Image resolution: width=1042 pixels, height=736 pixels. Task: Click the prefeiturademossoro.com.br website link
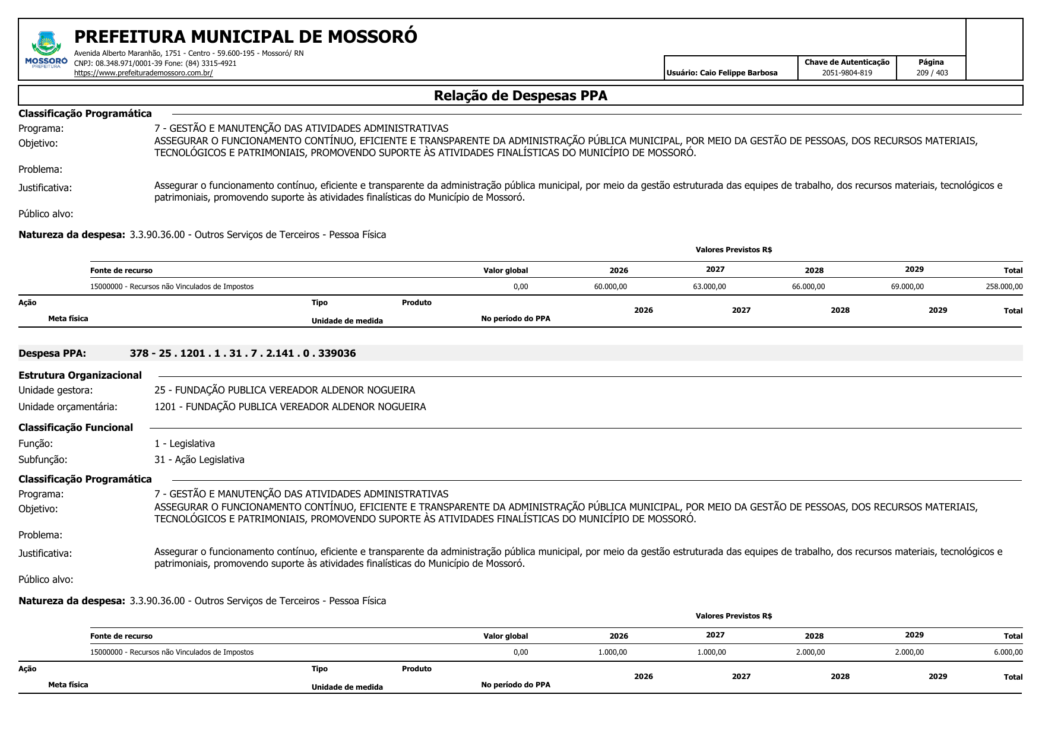pos(143,73)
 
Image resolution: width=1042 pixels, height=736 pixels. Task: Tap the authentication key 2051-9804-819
pos(847,73)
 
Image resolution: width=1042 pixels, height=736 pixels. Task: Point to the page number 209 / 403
pos(932,73)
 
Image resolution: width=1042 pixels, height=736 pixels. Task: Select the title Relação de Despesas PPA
pos(520,96)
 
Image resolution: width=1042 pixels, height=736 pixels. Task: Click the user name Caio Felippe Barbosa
pos(738,73)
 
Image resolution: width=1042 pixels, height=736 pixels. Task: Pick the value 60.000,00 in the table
pos(610,287)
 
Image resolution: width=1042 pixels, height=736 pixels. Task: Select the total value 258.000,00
pos(1004,287)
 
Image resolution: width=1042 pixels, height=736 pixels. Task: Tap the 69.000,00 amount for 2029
pos(907,287)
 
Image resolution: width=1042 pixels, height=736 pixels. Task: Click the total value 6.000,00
pos(1008,652)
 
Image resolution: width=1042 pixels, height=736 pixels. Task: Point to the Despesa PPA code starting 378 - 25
pos(242,353)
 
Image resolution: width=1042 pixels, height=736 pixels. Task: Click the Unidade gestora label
pos(55,390)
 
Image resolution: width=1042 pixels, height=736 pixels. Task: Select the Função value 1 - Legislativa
pos(184,443)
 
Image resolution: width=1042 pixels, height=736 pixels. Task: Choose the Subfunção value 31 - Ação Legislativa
pos(199,459)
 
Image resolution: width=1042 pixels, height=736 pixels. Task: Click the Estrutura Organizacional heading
pos(80,375)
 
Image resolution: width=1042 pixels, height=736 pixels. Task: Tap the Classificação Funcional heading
pos(75,427)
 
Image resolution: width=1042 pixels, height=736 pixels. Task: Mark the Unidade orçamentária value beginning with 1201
pos(290,407)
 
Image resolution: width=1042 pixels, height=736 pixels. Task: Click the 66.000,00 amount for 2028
pos(808,287)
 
